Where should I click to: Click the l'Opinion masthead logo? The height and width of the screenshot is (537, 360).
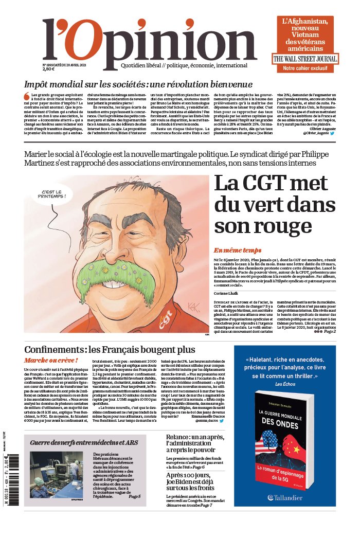point(149,44)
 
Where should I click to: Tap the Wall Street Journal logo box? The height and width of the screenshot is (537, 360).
point(305,59)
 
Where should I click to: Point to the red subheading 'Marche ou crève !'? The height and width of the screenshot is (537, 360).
point(51,361)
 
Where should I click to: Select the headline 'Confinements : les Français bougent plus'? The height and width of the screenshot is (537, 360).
point(110,350)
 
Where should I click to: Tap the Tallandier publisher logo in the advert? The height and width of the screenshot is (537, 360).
point(292,497)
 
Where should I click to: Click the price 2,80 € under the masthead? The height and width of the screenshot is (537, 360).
point(49,69)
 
